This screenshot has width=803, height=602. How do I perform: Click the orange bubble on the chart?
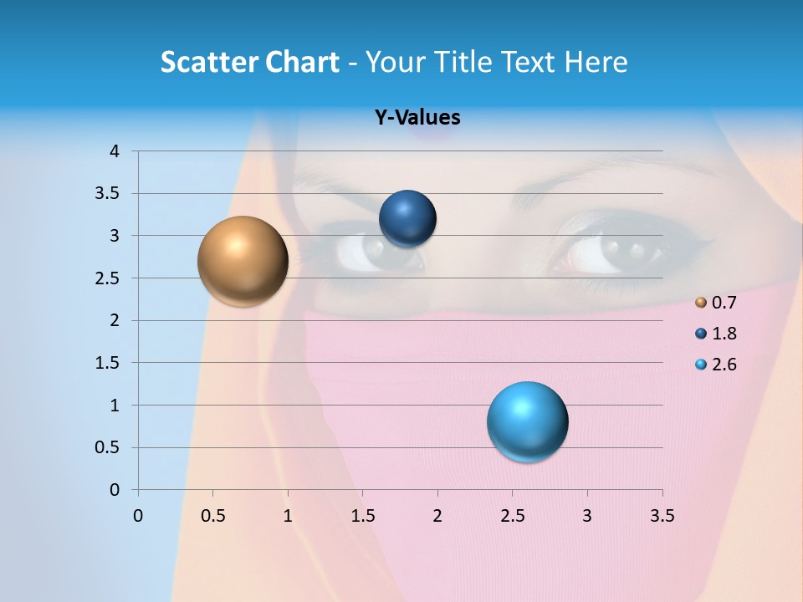pos(243,261)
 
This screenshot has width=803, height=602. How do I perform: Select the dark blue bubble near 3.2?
pos(407,219)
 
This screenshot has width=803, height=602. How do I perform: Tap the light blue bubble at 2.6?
pos(527,421)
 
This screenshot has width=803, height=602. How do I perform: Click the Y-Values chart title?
pos(417,117)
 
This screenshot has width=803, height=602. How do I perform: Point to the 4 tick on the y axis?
pos(115,151)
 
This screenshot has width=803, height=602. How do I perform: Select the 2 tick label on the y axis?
pos(115,320)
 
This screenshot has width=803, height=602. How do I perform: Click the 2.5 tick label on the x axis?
pos(512,516)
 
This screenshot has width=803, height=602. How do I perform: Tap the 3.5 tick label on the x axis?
pos(662,516)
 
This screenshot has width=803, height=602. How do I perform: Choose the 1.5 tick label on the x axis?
pos(362,516)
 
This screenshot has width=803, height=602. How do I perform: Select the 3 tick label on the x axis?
pos(587,516)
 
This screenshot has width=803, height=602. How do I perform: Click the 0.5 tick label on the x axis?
pos(212,516)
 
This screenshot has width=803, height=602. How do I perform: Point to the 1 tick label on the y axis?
pos(115,406)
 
